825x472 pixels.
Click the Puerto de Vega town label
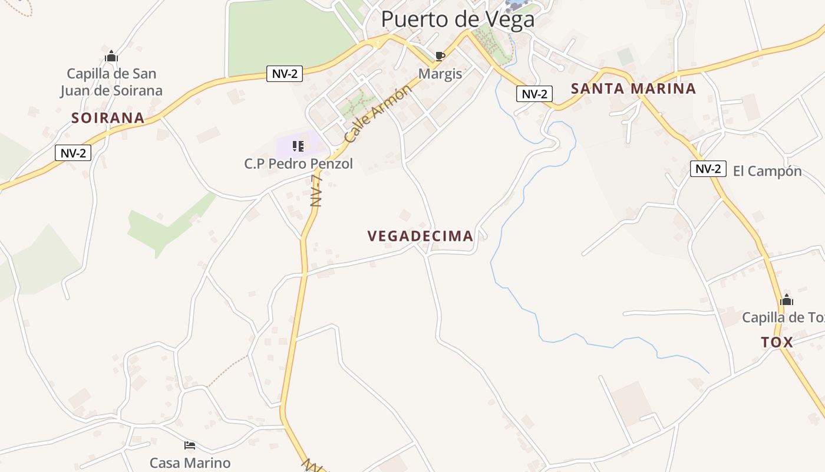[458, 19]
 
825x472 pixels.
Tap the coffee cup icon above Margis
[440, 56]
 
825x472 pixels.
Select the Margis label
[440, 74]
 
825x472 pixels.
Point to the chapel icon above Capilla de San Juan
[111, 57]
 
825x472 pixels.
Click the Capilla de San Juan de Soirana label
[111, 82]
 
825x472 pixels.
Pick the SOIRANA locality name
[108, 118]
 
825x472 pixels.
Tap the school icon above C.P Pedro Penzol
[298, 146]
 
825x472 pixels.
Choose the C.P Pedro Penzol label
[298, 163]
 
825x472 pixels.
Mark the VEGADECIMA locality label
[420, 236]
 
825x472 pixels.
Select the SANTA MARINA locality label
[633, 89]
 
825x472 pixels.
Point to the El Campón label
[767, 171]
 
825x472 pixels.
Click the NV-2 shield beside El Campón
[708, 169]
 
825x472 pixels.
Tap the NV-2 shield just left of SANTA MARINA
[534, 93]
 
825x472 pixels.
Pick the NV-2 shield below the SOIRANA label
[73, 153]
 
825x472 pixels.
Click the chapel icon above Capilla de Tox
[786, 300]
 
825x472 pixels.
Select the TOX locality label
[777, 342]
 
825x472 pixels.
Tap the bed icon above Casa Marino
[189, 445]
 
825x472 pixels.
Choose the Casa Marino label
[190, 463]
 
